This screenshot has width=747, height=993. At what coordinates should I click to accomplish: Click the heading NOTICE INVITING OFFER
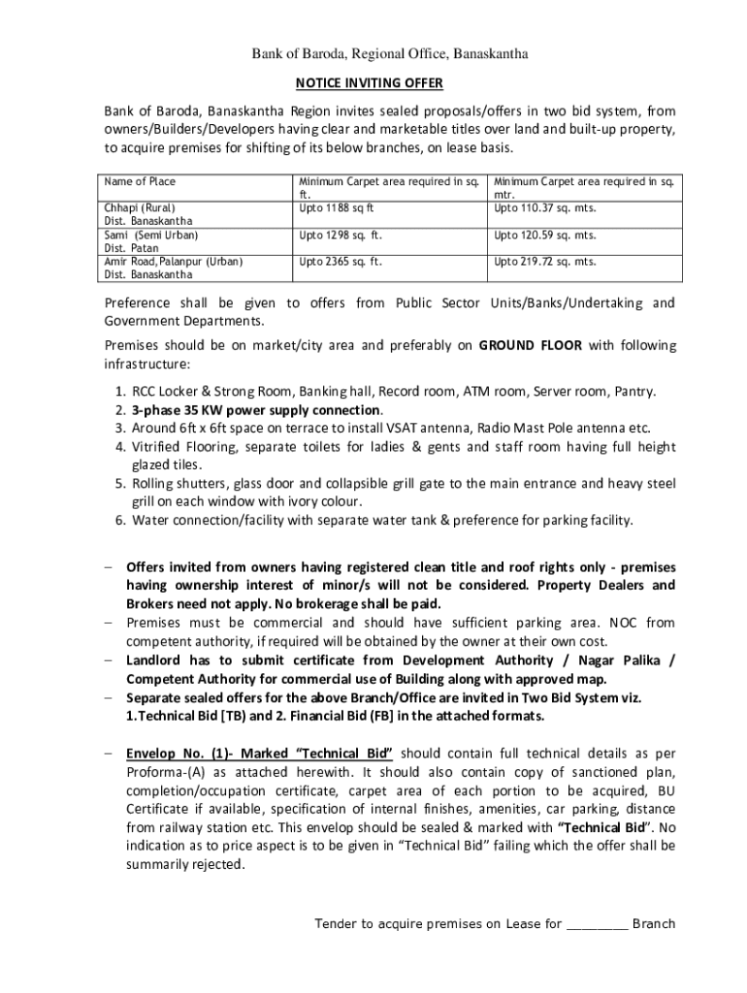pos(373,83)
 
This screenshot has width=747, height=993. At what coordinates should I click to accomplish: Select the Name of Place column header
pos(141,181)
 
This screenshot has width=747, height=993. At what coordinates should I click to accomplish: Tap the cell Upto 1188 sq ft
pos(337,208)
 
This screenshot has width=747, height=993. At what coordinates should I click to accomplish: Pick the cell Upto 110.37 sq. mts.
pos(545,208)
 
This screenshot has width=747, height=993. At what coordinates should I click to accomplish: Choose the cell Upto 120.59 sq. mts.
pos(545,235)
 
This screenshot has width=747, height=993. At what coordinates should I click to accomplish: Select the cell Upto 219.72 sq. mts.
pos(545,261)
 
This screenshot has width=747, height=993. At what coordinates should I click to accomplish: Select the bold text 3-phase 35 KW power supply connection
pos(249,409)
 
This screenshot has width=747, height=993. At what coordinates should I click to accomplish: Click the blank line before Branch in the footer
pos(596,923)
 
